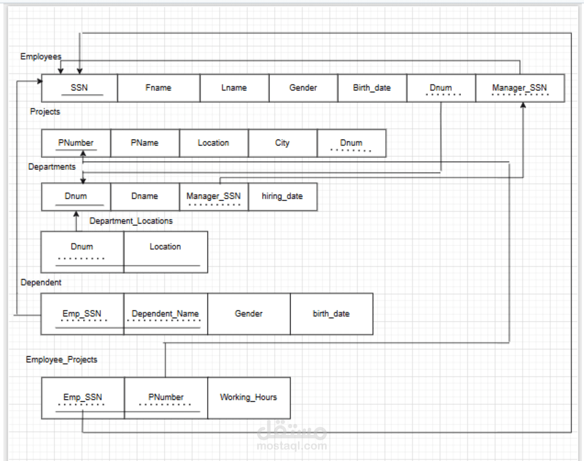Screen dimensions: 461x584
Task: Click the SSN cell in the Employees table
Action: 79,88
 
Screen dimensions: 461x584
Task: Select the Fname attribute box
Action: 159,88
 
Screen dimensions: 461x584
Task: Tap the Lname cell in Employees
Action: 234,88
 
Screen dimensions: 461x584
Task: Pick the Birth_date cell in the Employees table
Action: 372,88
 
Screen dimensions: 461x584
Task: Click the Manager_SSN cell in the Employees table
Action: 519,88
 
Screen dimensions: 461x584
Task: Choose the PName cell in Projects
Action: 144,143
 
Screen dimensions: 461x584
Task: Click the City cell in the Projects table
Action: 282,143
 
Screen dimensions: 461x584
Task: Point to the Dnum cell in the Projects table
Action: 351,143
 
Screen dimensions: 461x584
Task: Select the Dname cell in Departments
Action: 144,196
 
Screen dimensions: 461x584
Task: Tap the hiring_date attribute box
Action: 282,196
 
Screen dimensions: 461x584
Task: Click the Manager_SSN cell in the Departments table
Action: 213,196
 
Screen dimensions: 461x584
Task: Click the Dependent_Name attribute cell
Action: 165,314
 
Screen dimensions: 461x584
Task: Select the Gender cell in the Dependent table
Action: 249,314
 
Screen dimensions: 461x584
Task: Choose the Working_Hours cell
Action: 249,397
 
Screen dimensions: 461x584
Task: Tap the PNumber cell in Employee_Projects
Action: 166,397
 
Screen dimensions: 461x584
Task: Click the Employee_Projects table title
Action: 61,360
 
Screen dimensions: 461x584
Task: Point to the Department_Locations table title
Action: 131,221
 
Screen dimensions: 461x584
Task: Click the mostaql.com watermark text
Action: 292,446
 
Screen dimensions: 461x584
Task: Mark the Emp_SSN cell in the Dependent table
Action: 82,314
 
